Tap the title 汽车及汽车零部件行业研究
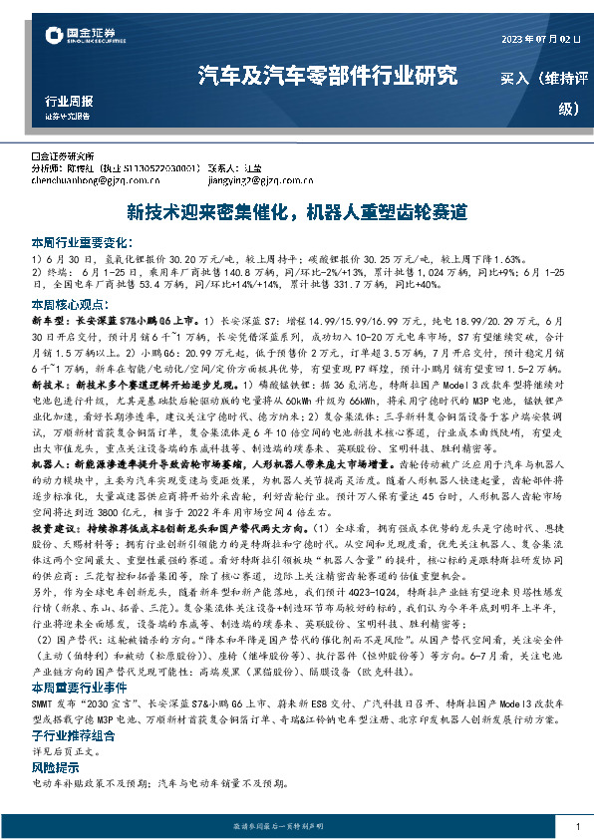tap(328, 77)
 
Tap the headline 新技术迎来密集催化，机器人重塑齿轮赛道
tap(296, 213)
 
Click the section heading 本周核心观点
tap(74, 304)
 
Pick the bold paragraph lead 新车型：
tap(53, 322)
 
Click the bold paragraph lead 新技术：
tap(53, 383)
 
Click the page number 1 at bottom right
tap(577, 827)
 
